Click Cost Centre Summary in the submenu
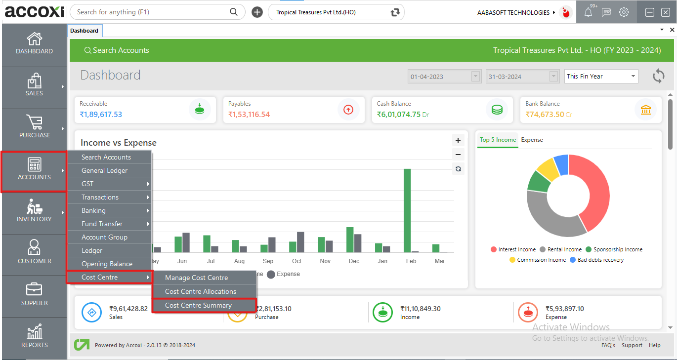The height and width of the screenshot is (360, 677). coord(198,305)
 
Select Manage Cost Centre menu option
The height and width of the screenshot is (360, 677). coord(196,278)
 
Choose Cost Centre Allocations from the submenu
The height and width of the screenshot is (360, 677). coord(200,291)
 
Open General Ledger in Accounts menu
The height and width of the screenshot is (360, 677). coord(104,170)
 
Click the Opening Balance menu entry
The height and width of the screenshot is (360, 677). coord(107,264)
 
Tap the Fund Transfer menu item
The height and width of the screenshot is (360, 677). coord(102,224)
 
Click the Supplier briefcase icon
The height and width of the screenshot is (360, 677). coord(34,290)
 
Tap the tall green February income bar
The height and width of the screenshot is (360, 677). coord(407,210)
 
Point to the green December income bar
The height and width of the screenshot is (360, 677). coord(350,240)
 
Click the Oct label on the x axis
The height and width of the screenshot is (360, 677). coord(296,261)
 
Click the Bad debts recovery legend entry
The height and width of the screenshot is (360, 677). coord(600,260)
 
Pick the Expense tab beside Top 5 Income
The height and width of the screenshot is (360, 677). coord(532,140)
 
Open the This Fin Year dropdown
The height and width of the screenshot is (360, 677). coord(601,76)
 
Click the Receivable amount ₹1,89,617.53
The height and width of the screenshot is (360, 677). coord(101,115)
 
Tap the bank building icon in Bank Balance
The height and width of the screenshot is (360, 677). coord(645,110)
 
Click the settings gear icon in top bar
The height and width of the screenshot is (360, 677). coord(624,12)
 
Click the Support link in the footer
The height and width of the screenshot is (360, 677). coord(632,345)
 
